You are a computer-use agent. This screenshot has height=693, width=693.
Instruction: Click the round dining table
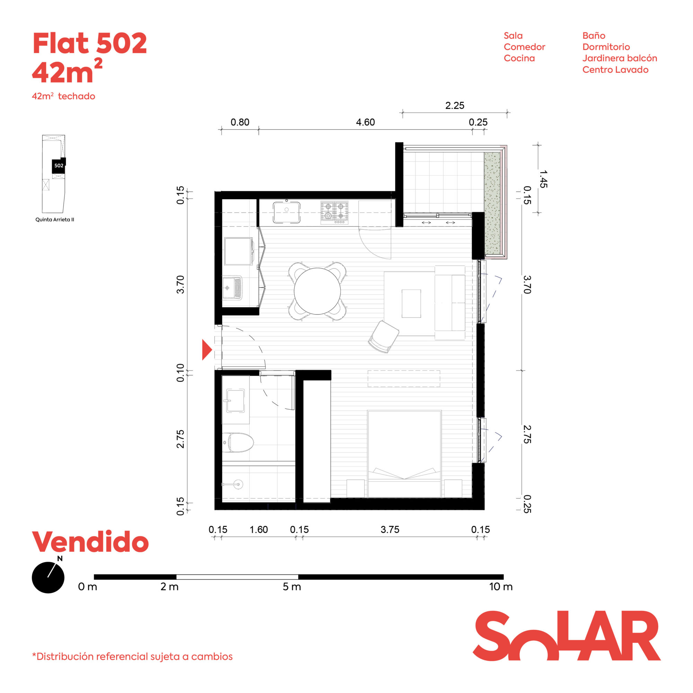click(317, 291)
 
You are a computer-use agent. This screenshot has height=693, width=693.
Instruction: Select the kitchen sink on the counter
click(286, 212)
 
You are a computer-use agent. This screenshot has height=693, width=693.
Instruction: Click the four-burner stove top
click(334, 212)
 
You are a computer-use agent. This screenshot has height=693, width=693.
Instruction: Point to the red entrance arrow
click(207, 349)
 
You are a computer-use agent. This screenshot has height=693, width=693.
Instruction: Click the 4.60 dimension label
click(365, 122)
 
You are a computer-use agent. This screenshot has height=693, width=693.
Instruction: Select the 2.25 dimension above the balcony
click(455, 105)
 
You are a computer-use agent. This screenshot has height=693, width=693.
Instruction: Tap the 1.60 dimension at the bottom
click(258, 529)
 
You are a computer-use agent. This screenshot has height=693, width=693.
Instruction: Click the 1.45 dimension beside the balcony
click(543, 179)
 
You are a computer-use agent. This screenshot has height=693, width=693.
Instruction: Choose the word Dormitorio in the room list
click(606, 47)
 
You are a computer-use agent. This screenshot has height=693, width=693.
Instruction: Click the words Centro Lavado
click(615, 70)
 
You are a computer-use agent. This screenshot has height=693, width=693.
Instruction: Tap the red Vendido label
click(90, 542)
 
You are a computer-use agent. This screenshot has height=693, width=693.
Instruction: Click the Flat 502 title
click(90, 43)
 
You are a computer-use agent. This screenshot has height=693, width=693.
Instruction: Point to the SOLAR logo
click(567, 635)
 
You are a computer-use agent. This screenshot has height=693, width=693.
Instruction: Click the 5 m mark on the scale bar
click(292, 587)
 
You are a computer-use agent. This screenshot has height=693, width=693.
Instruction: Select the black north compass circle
click(48, 577)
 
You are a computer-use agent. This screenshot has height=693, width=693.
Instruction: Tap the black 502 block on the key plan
click(59, 165)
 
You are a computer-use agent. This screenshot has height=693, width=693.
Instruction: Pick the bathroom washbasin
click(235, 400)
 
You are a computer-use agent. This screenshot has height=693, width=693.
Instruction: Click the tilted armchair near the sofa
click(384, 337)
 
